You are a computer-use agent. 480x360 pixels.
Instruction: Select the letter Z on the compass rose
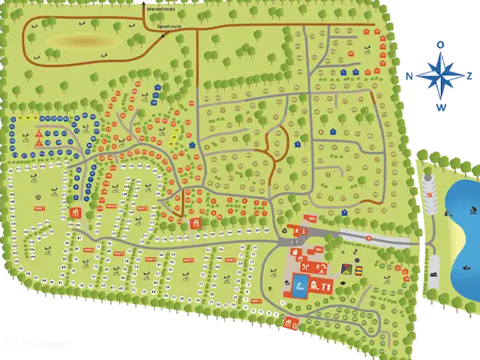pos(469,76)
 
